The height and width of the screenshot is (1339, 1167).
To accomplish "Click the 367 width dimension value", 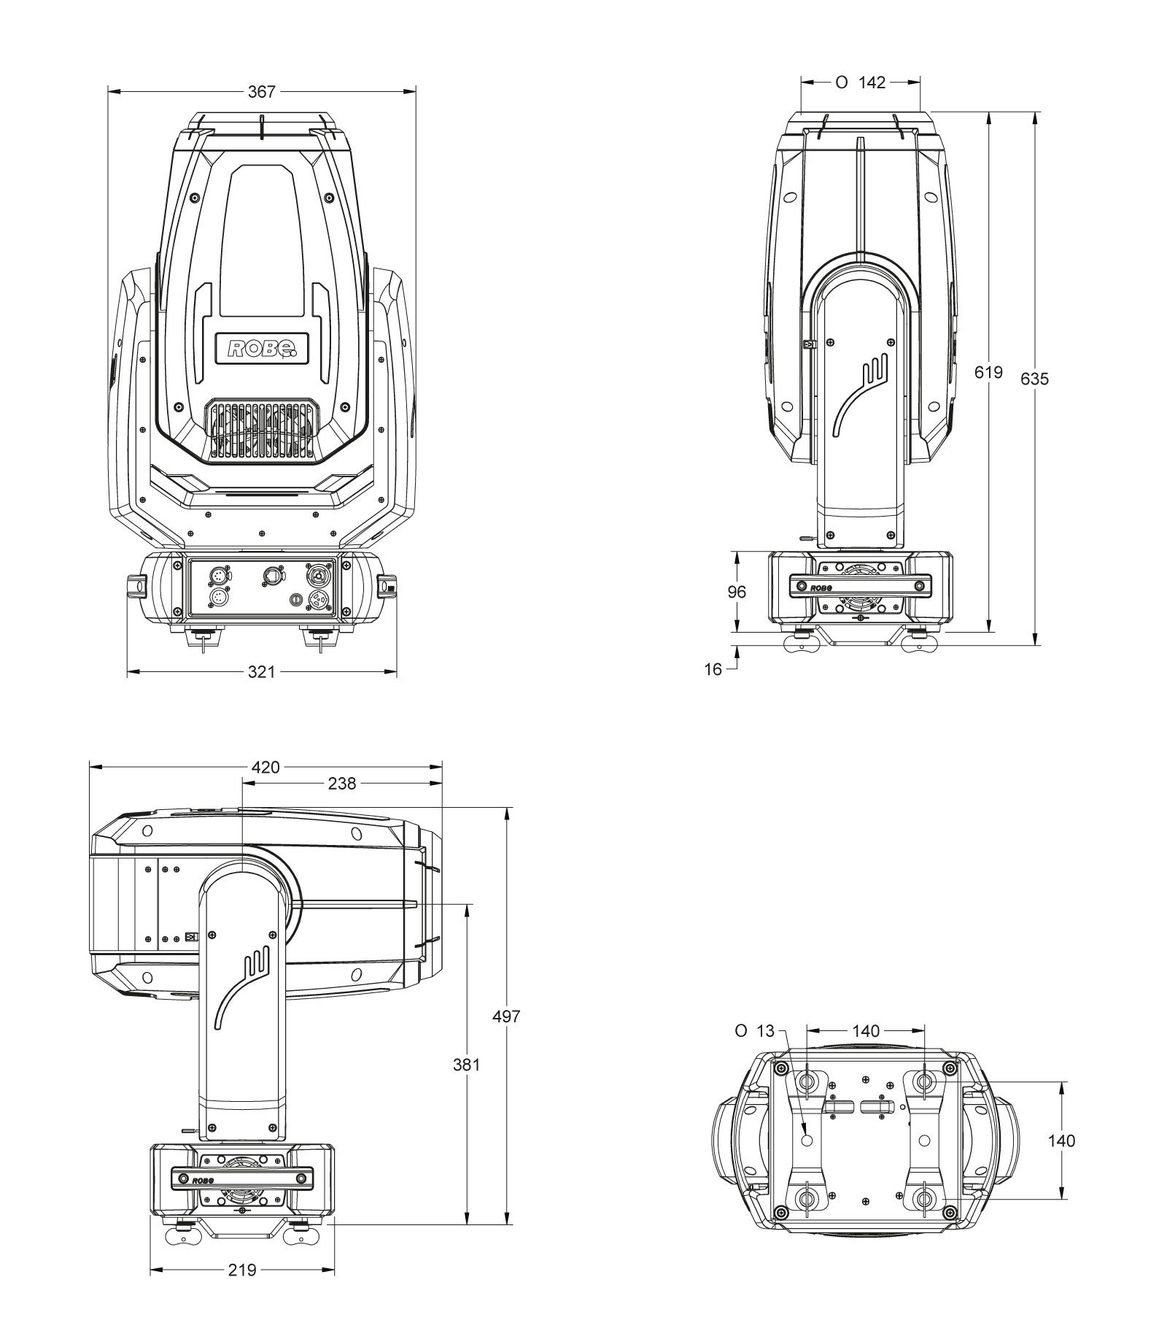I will (x=262, y=91).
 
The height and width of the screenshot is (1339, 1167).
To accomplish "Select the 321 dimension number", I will (x=261, y=672).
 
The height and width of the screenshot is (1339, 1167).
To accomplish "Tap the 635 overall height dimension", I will (x=1034, y=379).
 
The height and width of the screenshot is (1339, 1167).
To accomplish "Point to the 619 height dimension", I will (x=988, y=372).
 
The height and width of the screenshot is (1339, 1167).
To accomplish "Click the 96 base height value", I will (x=737, y=592).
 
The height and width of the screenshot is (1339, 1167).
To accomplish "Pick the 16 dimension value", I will (x=713, y=668).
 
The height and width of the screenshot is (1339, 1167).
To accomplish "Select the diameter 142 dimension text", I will (x=861, y=82).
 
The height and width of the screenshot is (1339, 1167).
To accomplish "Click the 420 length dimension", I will (x=265, y=767).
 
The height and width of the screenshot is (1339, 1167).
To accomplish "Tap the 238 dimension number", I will (x=341, y=784).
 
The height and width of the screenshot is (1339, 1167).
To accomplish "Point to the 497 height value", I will (x=505, y=1016).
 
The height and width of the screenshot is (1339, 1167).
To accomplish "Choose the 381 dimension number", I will (x=466, y=1064).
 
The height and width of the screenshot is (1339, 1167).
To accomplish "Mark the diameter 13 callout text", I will (x=754, y=1031).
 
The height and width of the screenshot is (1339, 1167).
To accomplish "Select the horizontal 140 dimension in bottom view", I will (x=866, y=1031).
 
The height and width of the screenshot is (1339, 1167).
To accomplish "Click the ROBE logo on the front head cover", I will (x=262, y=347).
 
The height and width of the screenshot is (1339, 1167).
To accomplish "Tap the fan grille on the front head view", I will (x=262, y=431).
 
